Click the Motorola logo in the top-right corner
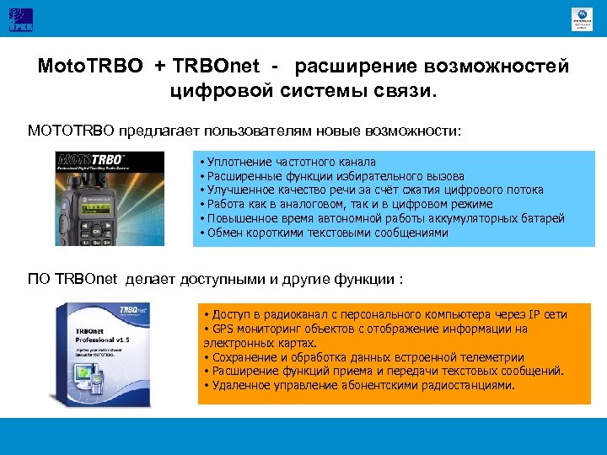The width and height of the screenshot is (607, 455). [x=582, y=17]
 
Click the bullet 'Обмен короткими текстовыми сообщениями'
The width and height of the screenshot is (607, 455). [x=324, y=233]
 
